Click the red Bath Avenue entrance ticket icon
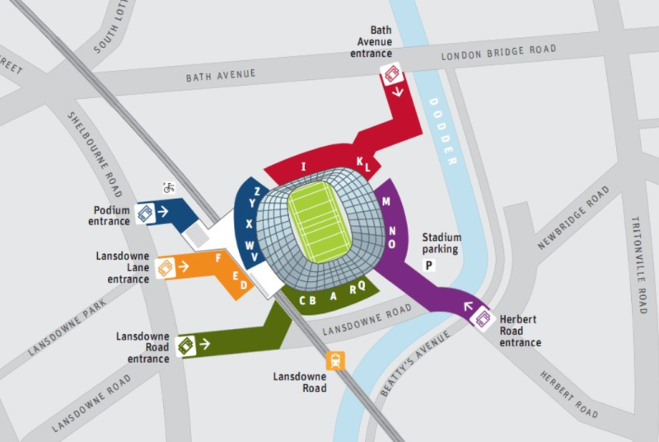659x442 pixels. coord(390,77)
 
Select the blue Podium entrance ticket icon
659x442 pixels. coord(146,212)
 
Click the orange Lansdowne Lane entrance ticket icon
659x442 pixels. coord(166,268)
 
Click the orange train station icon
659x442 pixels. coord(336,360)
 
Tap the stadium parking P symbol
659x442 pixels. coord(428,265)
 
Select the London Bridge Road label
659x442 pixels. coord(498,54)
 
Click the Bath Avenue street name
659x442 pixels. coord(221,75)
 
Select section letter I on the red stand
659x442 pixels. coord(304,167)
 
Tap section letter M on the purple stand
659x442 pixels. coord(386,202)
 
